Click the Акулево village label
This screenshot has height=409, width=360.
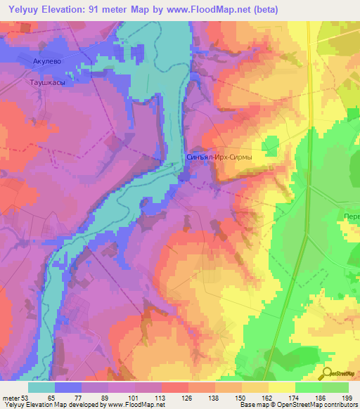pyautogui.click(x=47, y=62)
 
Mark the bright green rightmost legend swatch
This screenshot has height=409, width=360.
pyautogui.click(x=335, y=387)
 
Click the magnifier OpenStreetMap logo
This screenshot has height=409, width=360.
pyautogui.click(x=329, y=374)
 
